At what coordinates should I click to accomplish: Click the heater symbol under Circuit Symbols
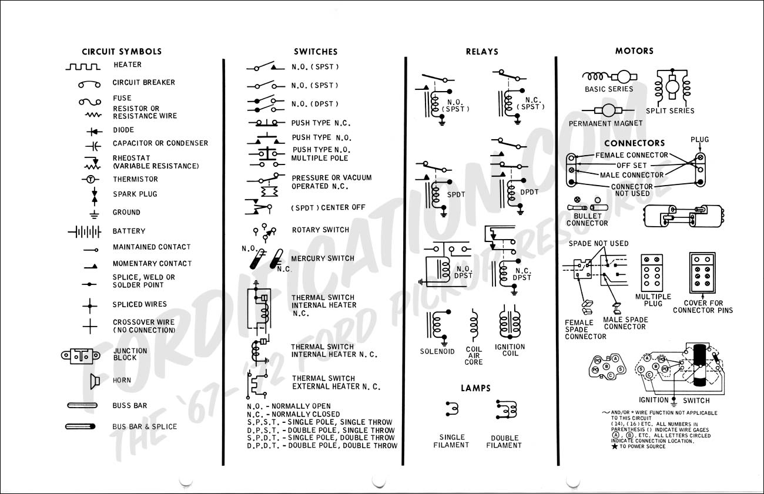point(82,66)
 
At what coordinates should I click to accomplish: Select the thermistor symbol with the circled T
point(90,179)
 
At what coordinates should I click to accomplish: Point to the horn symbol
point(93,381)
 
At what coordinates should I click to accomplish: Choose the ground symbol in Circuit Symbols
point(91,213)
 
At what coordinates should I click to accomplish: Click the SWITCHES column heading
point(316,52)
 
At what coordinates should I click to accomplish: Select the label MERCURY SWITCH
point(323,258)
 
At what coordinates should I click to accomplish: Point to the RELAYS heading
point(482,52)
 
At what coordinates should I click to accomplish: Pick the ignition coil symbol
point(509,324)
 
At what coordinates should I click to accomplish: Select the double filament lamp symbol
point(505,409)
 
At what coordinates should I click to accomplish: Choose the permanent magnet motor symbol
point(605,110)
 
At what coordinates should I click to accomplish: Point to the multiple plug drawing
point(652,273)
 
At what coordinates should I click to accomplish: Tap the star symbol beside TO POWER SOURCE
point(615,447)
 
